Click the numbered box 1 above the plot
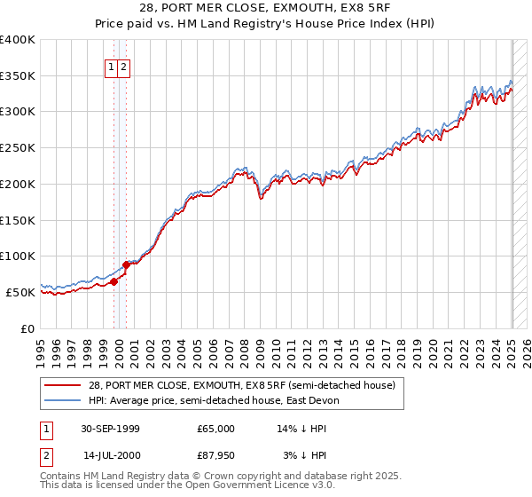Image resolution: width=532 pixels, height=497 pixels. pos(111,67)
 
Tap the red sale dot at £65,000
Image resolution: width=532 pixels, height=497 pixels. pos(114,282)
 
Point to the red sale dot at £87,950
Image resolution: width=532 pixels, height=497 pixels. pos(126,264)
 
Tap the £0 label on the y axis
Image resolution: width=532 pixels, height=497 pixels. pos(28,328)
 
